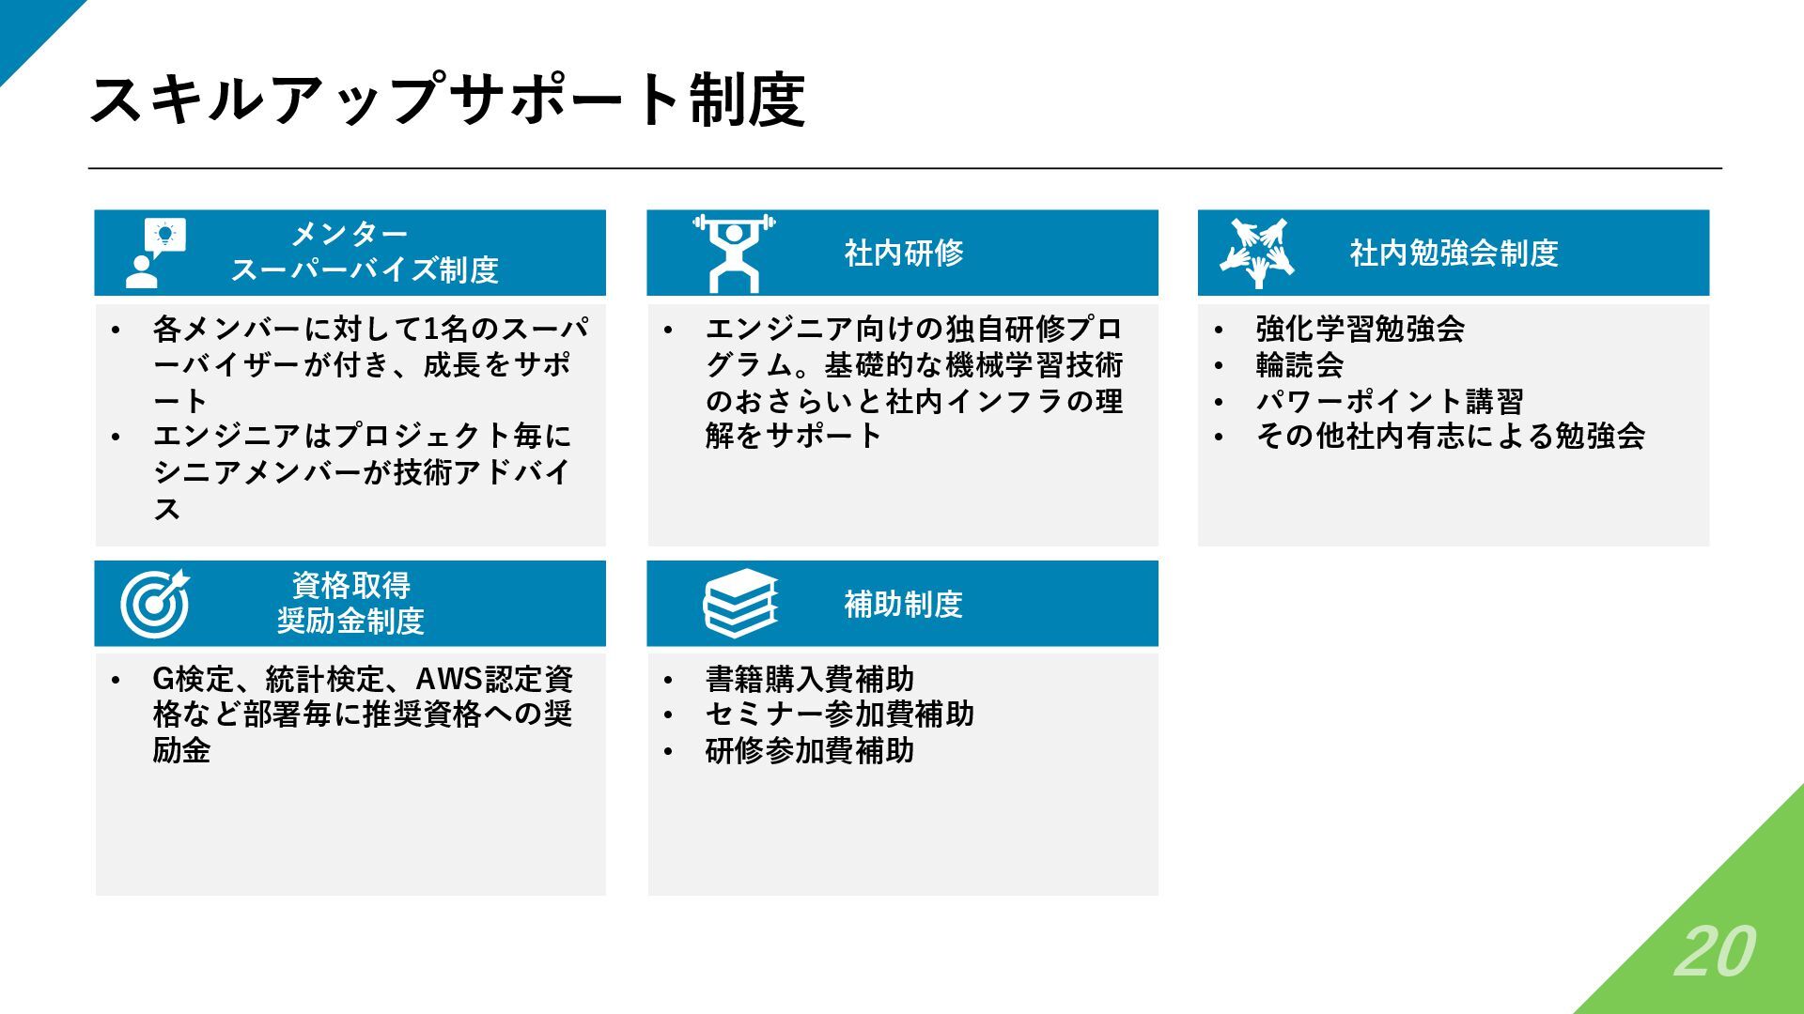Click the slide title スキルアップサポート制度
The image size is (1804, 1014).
[447, 100]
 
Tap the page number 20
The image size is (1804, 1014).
[1714, 952]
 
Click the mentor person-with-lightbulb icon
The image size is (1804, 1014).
[155, 253]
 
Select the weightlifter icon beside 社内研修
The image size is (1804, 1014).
[734, 253]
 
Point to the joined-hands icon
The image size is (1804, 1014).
[1257, 253]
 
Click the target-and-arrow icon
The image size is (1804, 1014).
[155, 604]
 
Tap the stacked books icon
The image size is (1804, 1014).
[740, 604]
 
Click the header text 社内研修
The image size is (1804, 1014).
[903, 253]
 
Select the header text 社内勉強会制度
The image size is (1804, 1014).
[1454, 253]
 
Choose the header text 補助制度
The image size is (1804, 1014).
[903, 604]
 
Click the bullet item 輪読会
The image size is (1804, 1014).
[1299, 364]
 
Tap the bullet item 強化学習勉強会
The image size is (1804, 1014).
[1360, 329]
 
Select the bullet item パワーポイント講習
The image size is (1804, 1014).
[1390, 401]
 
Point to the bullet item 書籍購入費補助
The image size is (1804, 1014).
[809, 679]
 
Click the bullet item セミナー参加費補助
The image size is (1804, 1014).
[839, 714]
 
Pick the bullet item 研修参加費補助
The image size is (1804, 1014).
[809, 750]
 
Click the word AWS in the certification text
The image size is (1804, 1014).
[448, 679]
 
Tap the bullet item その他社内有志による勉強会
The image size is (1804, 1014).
[1450, 436]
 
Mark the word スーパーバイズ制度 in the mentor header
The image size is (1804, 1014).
[365, 270]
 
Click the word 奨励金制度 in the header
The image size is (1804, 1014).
[350, 622]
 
